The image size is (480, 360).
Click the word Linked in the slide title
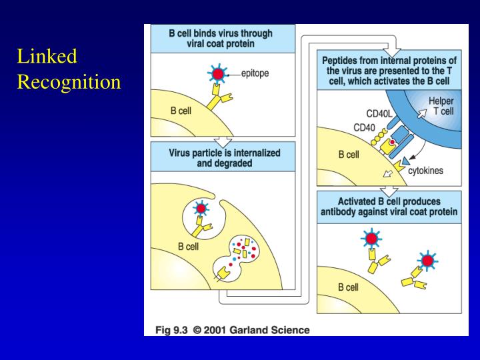pos(47,57)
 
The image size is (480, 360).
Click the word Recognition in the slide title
pos(69,82)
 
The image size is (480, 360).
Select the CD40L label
pos(379,113)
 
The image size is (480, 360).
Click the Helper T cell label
pos(441,106)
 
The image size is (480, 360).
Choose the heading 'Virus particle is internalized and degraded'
pos(223,157)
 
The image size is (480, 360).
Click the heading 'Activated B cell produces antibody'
pos(389,207)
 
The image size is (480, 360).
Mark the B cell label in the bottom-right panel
pos(348,288)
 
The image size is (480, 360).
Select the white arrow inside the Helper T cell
pos(421,113)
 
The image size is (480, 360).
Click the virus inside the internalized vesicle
pos(197,209)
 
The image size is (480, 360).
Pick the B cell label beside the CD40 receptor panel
pos(348,155)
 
